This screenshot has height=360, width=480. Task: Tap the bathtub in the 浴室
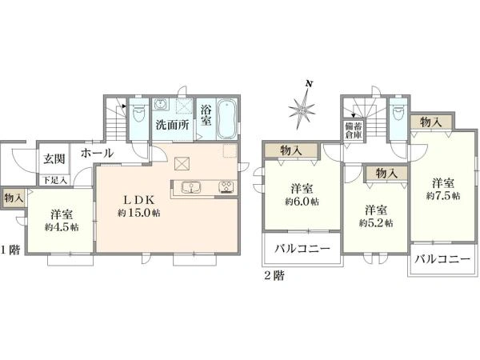tap(226, 119)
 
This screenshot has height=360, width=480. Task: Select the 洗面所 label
tap(172, 125)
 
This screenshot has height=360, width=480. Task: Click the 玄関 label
tap(54, 159)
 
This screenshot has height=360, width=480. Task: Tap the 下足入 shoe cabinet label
tap(54, 181)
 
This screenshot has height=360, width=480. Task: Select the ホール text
tap(97, 153)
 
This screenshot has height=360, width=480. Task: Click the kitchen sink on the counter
tap(191, 187)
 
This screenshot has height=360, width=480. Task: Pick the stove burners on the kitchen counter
tap(226, 187)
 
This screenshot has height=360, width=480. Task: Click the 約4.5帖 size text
tap(62, 227)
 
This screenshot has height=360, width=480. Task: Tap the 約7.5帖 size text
tap(443, 196)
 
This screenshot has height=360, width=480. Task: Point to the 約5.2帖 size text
tap(376, 223)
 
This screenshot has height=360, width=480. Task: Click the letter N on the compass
tap(310, 83)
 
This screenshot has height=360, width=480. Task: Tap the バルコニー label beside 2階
tap(302, 248)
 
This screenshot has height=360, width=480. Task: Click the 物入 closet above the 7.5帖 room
tap(431, 122)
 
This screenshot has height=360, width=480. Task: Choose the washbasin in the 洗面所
tap(161, 104)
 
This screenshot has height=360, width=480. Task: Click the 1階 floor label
tap(10, 250)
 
